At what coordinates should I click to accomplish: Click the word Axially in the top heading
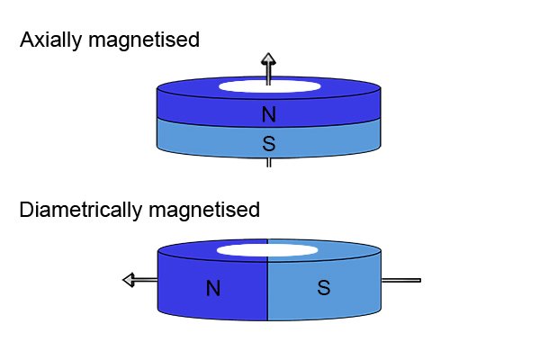(x=50, y=40)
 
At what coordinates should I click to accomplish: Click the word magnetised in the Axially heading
(x=144, y=40)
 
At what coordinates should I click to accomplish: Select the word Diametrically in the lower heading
(x=80, y=210)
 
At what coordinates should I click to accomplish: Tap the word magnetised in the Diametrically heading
(x=204, y=210)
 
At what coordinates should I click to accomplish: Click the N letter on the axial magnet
(x=268, y=114)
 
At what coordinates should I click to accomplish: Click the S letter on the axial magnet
(x=268, y=143)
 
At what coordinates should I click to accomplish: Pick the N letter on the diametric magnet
(x=213, y=288)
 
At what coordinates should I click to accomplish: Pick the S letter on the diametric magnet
(x=324, y=287)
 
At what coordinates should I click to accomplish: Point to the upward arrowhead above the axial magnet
(x=268, y=58)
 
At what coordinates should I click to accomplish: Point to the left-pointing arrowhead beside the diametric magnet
(x=129, y=280)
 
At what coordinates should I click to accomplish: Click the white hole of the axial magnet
(x=270, y=86)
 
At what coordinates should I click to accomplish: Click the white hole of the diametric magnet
(x=267, y=250)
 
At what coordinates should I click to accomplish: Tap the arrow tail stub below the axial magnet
(x=268, y=163)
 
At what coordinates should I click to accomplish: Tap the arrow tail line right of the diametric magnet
(x=401, y=281)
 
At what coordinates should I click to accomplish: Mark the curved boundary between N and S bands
(x=268, y=127)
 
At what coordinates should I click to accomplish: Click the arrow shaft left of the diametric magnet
(x=146, y=280)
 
